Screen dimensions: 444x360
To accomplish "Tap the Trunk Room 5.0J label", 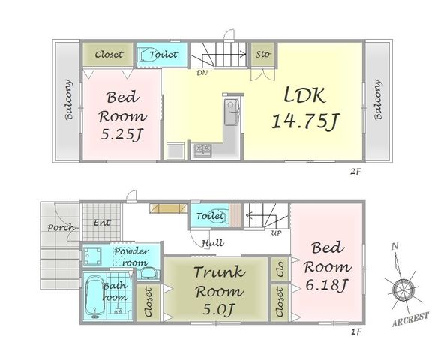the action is [219, 290].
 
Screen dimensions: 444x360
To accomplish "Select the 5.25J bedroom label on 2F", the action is [122, 115].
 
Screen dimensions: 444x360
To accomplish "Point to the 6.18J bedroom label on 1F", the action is [328, 266].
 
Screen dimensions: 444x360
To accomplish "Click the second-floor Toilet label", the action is [163, 54].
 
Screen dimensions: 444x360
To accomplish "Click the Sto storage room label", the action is [262, 54].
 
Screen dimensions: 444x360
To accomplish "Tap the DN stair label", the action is [202, 73].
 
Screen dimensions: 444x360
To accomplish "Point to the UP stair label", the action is [276, 233].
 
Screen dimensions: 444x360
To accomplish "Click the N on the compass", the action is [395, 247].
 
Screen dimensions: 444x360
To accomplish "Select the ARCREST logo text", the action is [410, 319].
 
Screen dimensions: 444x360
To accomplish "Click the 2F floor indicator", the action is [355, 171].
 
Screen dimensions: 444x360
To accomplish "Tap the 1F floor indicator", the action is [356, 331].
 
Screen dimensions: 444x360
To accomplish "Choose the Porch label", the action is [61, 227].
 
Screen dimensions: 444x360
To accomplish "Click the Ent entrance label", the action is [102, 223].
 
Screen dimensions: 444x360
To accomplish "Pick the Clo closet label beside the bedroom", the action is [280, 268].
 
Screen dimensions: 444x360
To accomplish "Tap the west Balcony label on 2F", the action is [68, 100].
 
